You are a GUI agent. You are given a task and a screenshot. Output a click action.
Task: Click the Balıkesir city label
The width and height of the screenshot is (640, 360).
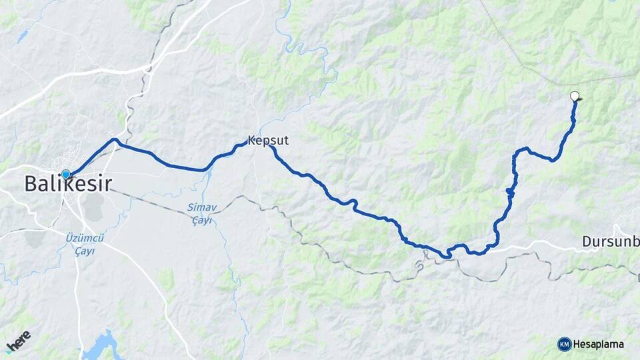point(68,185)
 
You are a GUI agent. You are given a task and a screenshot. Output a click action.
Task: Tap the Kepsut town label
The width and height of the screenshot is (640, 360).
point(268,141)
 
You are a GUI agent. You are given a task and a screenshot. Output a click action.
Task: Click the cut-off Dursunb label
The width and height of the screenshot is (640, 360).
point(610,241)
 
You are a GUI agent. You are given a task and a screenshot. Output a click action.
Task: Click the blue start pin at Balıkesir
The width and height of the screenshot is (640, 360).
point(65,175)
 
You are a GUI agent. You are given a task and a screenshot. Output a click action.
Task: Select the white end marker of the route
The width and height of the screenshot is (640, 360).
point(575,96)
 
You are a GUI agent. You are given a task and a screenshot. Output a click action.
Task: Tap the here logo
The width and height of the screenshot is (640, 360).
point(19,340)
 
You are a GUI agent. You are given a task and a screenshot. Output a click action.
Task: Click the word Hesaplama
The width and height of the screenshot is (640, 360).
point(599,344)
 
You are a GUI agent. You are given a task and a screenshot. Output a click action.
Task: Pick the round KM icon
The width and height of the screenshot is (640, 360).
point(564,344)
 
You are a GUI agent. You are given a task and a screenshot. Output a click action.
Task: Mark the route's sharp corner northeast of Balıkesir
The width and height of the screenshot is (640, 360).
point(115,140)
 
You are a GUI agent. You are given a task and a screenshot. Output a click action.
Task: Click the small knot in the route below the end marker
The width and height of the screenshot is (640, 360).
point(510,192)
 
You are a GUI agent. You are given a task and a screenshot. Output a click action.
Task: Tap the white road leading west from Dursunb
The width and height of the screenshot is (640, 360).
point(533,245)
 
